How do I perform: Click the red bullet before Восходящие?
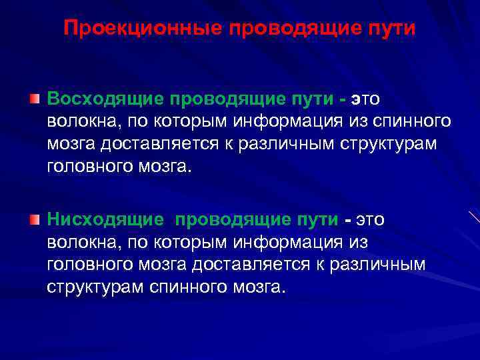pyautogui.click(x=34, y=99)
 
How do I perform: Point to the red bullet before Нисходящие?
pyautogui.click(x=34, y=219)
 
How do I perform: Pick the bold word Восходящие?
pyautogui.click(x=105, y=99)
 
